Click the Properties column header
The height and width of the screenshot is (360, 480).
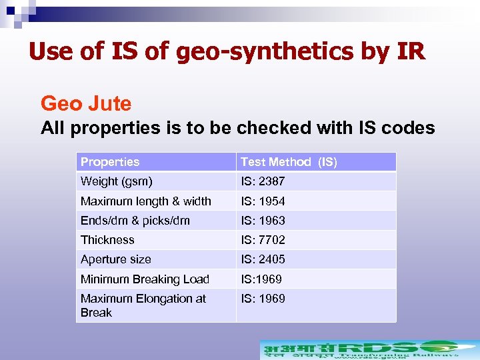tap(110, 162)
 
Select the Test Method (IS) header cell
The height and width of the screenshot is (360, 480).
tap(289, 162)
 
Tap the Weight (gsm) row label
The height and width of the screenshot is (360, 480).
tap(116, 181)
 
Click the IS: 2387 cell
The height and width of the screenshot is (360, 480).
tap(263, 181)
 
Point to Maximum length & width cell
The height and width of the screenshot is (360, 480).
tap(145, 201)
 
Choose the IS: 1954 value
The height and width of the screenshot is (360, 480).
tap(263, 201)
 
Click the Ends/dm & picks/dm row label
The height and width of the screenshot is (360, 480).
tap(135, 221)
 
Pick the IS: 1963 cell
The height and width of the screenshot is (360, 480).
tap(263, 221)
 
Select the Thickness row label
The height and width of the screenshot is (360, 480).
tap(107, 240)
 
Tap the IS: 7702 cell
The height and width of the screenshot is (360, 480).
tap(263, 240)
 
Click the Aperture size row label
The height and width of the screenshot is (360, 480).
tap(115, 259)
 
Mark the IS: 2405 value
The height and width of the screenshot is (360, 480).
tap(263, 259)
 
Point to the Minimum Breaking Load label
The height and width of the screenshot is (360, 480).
tap(145, 279)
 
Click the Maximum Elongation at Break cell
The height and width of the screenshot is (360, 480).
tap(143, 305)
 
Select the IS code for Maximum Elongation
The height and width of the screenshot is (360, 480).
tap(263, 299)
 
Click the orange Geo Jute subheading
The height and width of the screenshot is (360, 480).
tap(86, 104)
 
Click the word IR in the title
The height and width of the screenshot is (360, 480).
tap(408, 51)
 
